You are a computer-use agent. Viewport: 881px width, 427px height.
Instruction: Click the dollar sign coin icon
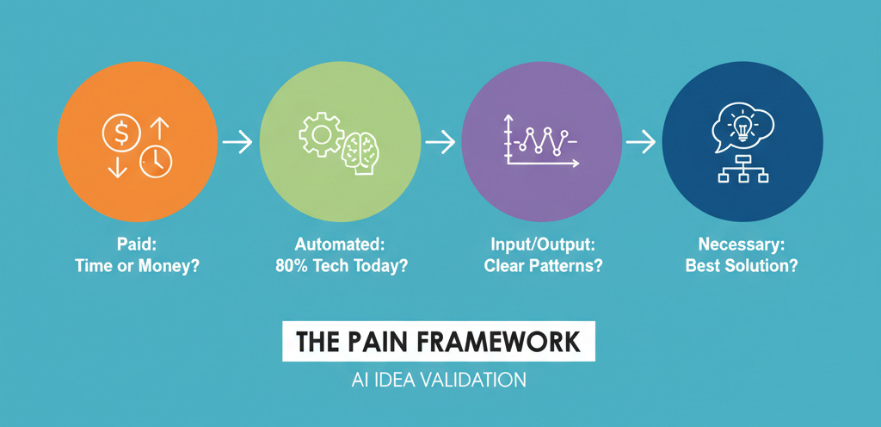tap(122, 133)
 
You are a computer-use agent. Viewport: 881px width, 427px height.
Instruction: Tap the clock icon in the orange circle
tap(156, 161)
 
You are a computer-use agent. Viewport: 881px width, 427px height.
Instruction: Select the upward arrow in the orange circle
tap(157, 131)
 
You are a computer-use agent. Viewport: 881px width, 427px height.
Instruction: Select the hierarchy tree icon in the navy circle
tap(742, 170)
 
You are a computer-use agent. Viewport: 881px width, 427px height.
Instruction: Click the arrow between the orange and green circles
tap(237, 142)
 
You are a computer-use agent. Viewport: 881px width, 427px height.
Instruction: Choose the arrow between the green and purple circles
tap(440, 142)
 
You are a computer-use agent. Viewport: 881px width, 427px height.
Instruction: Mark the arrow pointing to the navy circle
tap(640, 142)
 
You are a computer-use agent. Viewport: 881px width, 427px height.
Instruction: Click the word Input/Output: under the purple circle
tap(540, 244)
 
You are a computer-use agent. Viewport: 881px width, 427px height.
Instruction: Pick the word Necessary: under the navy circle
tap(741, 244)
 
